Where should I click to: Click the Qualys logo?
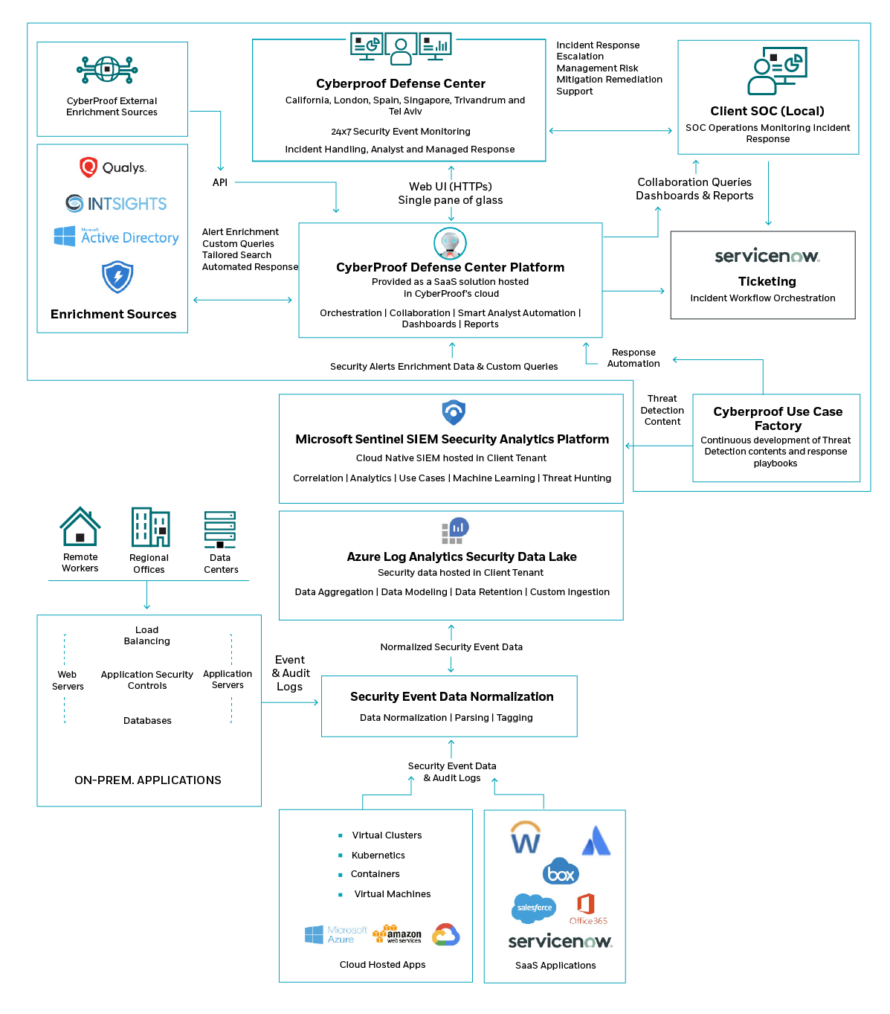(x=113, y=167)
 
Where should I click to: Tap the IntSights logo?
(x=116, y=203)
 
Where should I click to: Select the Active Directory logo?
(x=117, y=237)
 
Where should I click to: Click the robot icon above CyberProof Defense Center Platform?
(x=450, y=243)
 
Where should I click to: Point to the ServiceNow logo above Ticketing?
(x=767, y=256)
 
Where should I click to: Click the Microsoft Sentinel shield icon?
(x=454, y=412)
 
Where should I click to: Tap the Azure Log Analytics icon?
(x=454, y=530)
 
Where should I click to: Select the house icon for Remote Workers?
(x=80, y=527)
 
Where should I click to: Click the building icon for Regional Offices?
(x=150, y=527)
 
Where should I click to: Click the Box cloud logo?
(x=561, y=873)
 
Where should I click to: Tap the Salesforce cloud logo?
(x=534, y=908)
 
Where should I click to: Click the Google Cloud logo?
(x=446, y=935)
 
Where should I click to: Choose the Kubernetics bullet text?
(x=378, y=856)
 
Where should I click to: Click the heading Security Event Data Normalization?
(x=452, y=697)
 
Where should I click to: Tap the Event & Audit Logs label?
(x=291, y=673)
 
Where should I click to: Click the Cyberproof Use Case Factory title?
(x=778, y=419)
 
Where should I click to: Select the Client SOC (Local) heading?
(x=767, y=112)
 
